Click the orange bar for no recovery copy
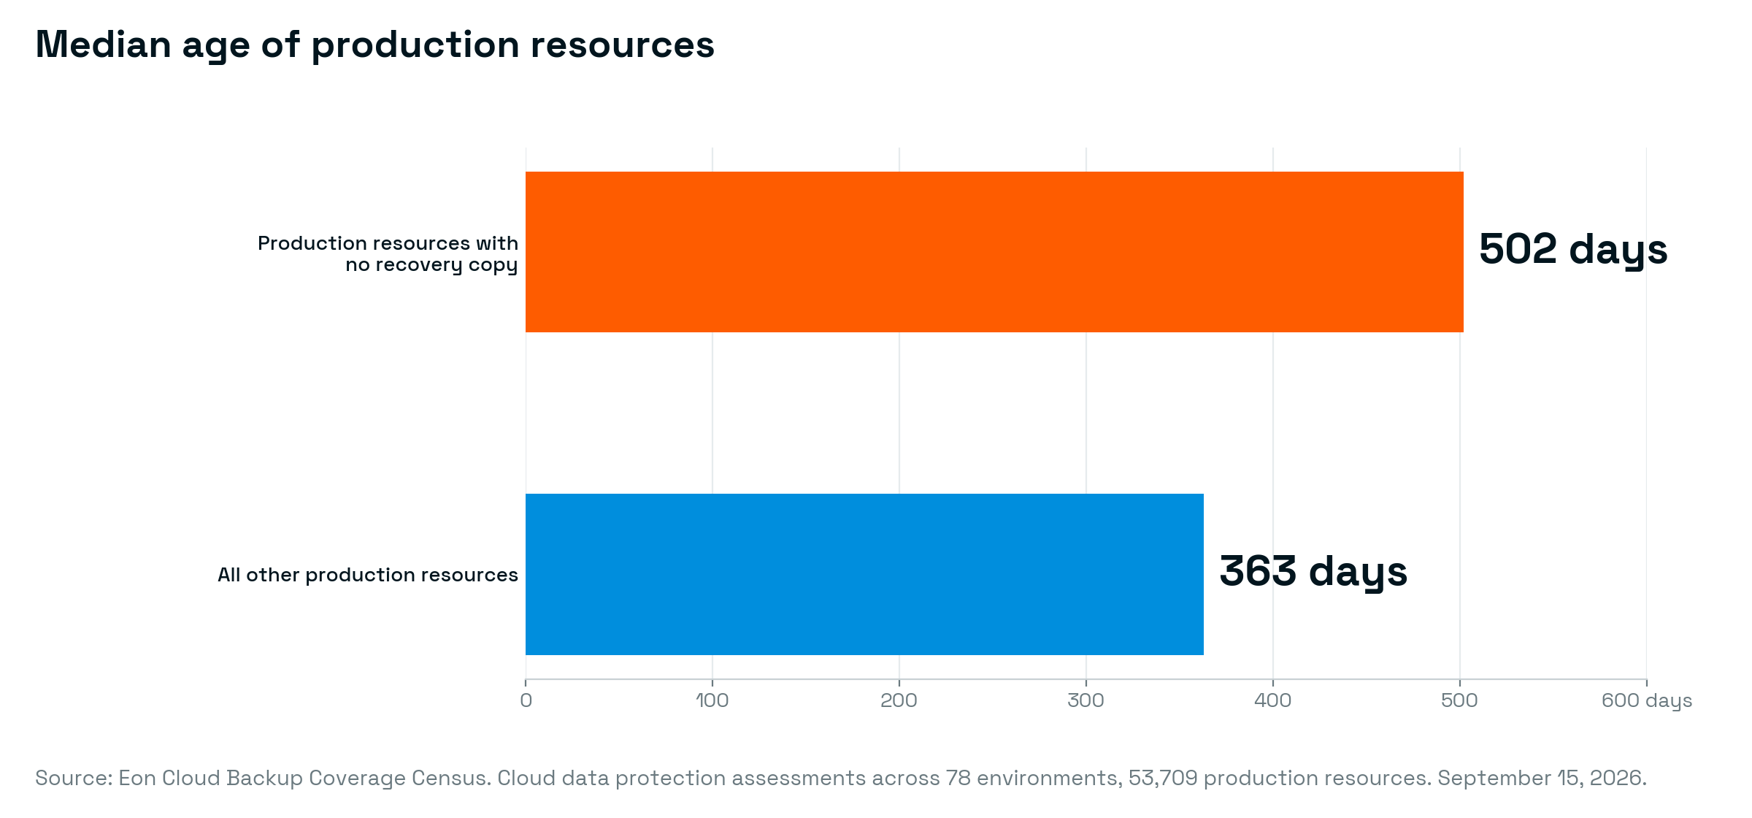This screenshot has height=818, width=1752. [x=994, y=252]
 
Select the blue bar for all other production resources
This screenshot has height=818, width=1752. [x=864, y=574]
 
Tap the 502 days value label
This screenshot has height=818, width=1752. [x=1573, y=251]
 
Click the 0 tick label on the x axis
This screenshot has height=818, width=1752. [x=526, y=700]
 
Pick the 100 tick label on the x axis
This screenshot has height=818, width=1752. [x=712, y=700]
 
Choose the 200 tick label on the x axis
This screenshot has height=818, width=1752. [x=899, y=700]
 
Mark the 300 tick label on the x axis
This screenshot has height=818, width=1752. [x=1086, y=700]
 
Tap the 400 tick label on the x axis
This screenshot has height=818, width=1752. [x=1272, y=700]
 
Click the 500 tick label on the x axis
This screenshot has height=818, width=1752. [x=1459, y=700]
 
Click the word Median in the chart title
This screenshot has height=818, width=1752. [x=103, y=45]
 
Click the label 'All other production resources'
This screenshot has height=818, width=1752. [x=368, y=576]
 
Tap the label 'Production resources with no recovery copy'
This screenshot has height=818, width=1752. [x=388, y=254]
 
